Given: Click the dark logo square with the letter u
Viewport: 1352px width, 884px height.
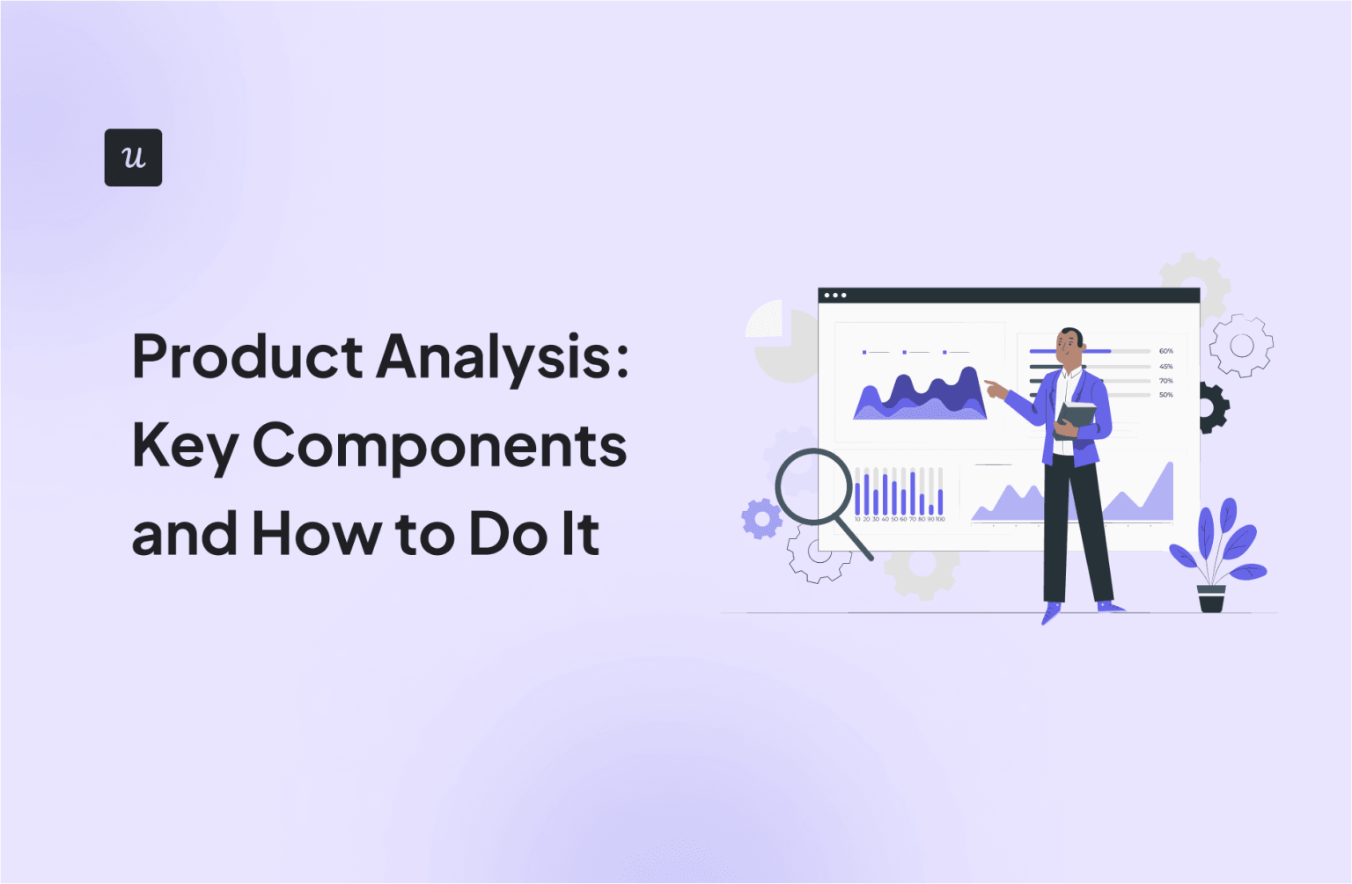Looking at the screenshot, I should [133, 157].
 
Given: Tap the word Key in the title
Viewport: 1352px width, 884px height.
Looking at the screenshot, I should [185, 447].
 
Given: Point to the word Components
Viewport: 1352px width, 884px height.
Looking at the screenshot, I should [439, 447].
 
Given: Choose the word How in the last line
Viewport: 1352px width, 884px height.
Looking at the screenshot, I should [315, 534].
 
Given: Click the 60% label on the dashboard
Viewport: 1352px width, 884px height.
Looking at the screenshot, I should [1165, 351].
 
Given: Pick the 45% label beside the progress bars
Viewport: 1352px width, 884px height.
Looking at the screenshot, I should [1165, 366].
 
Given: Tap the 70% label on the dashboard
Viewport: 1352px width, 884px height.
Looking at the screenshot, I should [1165, 381].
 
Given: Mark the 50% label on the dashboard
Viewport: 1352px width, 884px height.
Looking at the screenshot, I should [1165, 395].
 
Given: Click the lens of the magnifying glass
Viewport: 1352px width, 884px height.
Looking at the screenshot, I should [813, 486].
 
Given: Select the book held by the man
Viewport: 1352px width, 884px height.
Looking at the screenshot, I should [1076, 417].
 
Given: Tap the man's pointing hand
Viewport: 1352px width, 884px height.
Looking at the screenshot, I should [995, 388].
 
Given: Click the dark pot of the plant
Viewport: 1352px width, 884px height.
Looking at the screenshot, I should [1211, 599].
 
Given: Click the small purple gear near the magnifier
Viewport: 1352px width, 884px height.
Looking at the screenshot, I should [761, 518].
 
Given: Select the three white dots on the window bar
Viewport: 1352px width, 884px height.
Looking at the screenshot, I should [834, 296].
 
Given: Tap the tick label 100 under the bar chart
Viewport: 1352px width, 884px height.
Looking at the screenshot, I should [940, 520].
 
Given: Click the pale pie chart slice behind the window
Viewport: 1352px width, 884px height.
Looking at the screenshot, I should [765, 318].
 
